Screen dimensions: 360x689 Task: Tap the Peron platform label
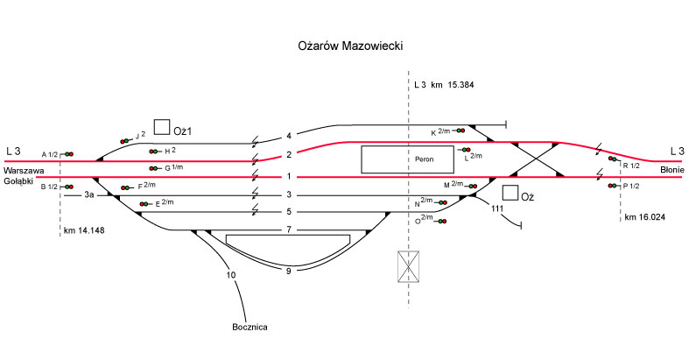pyautogui.click(x=425, y=160)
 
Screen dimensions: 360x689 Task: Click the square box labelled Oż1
pyautogui.click(x=161, y=127)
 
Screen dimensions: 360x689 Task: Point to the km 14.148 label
pyautogui.click(x=84, y=231)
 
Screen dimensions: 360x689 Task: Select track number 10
pyautogui.click(x=231, y=276)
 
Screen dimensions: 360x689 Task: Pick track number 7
pyautogui.click(x=288, y=229)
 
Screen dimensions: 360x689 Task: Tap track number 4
pyautogui.click(x=288, y=136)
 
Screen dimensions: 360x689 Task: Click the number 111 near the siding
pyautogui.click(x=497, y=208)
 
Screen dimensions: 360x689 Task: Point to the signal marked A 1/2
pyautogui.click(x=67, y=154)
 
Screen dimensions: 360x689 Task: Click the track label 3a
pyautogui.click(x=90, y=195)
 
